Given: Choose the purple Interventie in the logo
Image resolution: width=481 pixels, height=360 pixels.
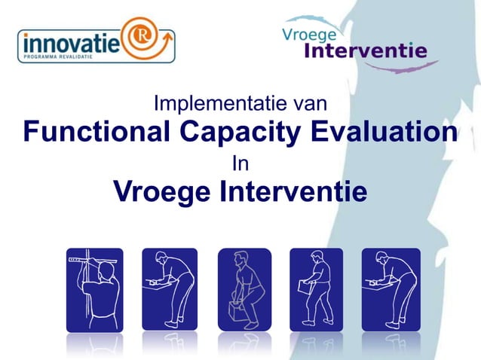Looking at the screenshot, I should pyautogui.click(x=365, y=51).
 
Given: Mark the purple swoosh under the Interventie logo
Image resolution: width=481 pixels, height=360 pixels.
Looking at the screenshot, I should pyautogui.click(x=392, y=68).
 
